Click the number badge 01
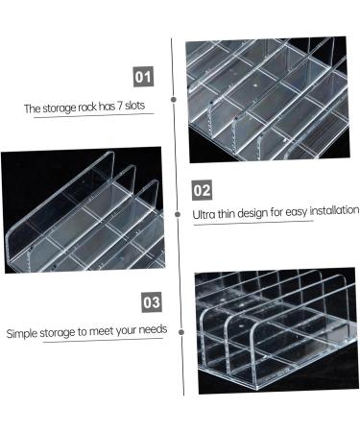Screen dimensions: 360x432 coord(143,77)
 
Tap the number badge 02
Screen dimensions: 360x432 coord(202,190)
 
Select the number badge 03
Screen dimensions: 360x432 coord(152,302)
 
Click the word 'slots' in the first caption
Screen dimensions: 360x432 coord(134,106)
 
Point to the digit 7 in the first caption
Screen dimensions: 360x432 coord(119,106)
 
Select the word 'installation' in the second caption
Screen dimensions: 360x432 coord(335,210)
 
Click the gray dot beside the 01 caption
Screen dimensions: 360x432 coord(174,100)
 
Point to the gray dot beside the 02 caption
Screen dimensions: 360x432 coord(178,214)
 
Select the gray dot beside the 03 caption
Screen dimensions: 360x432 coord(181,332)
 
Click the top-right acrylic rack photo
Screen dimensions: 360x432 coord(268,99)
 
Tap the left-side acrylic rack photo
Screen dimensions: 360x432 coord(84,211)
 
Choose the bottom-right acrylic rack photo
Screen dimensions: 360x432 coord(276,330)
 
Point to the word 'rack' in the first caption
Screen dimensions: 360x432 coord(87,107)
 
